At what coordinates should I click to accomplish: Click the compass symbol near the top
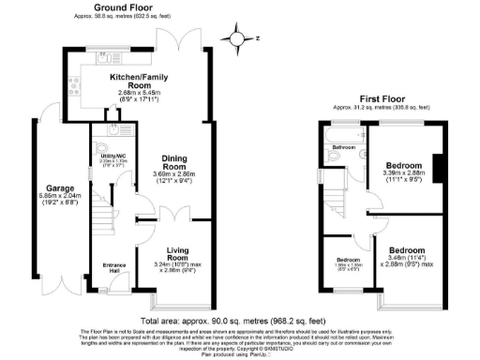pyautogui.click(x=238, y=38)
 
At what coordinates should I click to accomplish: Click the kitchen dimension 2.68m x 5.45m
pyautogui.click(x=140, y=94)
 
